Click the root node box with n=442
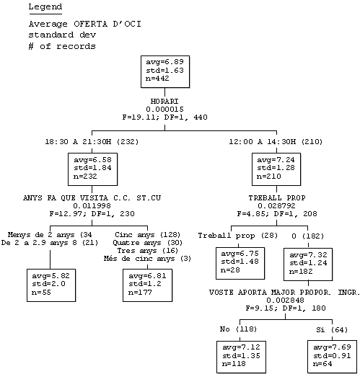[x=165, y=71]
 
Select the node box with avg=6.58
[x=92, y=169]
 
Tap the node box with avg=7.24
[x=276, y=169]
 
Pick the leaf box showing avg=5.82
[x=51, y=285]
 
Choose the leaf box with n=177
[x=147, y=285]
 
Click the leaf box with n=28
[x=240, y=263]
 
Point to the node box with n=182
[x=308, y=264]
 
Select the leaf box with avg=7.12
[x=241, y=357]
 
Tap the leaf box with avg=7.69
[x=332, y=357]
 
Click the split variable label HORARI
[x=164, y=102]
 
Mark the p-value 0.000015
[x=164, y=110]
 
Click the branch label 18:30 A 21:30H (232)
[x=92, y=142]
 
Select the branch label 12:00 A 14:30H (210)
[x=276, y=142]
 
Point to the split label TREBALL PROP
[x=277, y=198]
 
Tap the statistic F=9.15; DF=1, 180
[x=286, y=308]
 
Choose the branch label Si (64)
[x=332, y=330]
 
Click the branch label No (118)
[x=238, y=329]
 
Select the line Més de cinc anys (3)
[x=147, y=259]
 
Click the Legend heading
[x=45, y=7]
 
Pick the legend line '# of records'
[x=62, y=46]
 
